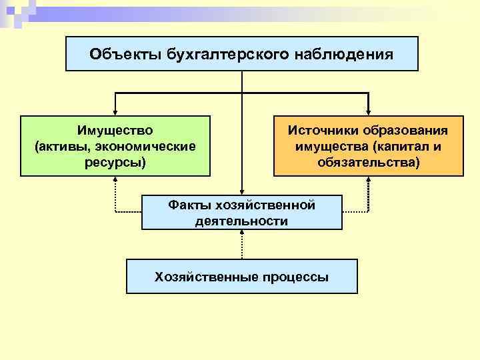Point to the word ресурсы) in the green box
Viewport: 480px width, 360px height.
pos(115,161)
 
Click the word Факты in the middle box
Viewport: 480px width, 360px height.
pos(189,205)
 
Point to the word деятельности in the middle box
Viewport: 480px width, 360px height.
pos(242,221)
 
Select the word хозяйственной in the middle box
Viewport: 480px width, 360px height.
pos(265,205)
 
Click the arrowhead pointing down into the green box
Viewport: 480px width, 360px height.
pos(115,112)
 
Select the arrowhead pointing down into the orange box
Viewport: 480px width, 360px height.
pos(369,112)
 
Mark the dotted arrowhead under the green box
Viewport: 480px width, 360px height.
pos(115,181)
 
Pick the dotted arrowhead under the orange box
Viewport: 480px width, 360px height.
pos(369,181)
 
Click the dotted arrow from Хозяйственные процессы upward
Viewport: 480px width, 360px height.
pos(242,245)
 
